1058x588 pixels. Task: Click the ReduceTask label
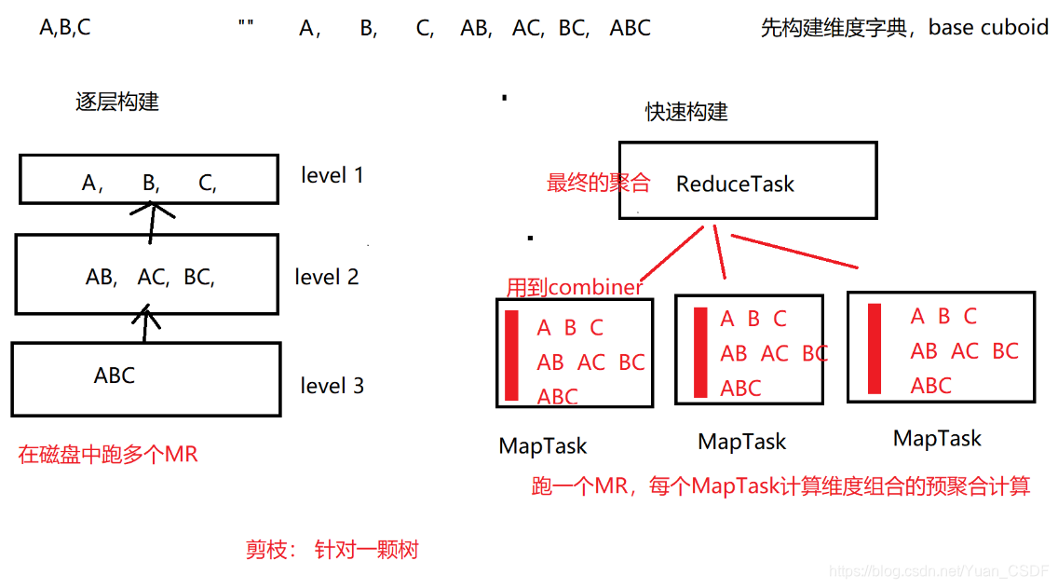[735, 184]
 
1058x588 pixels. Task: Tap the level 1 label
[332, 175]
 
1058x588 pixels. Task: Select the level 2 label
[326, 277]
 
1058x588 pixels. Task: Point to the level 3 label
[332, 386]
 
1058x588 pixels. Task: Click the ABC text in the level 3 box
[115, 376]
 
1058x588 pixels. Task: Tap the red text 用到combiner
[574, 287]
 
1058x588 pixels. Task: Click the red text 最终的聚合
[598, 183]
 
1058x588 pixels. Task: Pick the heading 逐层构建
[117, 102]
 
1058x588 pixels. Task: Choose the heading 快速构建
[686, 112]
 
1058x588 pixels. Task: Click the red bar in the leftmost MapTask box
[511, 356]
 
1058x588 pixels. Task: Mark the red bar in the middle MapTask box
[700, 352]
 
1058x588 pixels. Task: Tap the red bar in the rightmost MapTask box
[875, 348]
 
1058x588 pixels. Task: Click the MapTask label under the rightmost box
[937, 439]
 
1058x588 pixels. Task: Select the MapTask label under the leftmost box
[543, 446]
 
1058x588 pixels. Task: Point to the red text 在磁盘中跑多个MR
[108, 456]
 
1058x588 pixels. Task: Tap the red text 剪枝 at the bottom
[264, 550]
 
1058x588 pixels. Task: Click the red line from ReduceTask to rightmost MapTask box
[793, 253]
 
